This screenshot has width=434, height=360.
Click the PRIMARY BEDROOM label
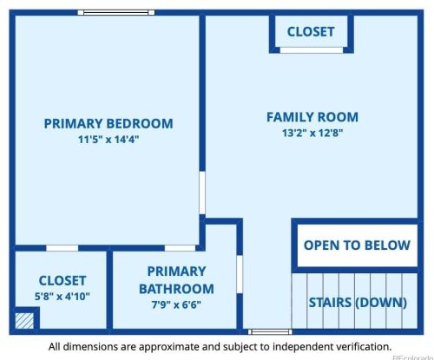coord(108,123)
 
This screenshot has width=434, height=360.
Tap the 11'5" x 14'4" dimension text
coord(108,139)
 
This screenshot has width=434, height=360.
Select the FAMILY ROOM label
coord(312,117)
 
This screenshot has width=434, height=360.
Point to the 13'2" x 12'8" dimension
coord(312,133)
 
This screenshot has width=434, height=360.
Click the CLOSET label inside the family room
coord(310,31)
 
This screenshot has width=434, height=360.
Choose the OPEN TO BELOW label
coord(357,245)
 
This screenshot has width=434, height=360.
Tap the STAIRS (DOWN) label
coord(358,302)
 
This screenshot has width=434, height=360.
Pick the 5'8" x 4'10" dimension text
coord(62,297)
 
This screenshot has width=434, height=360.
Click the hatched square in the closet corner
coord(25,320)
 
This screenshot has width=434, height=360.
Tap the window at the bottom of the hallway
coord(259,331)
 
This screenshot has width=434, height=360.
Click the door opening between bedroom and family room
coord(202,192)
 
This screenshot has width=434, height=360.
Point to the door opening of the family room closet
coord(311,50)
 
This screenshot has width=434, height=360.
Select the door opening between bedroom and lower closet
coord(62,248)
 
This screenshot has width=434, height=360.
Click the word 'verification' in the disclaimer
coord(354,347)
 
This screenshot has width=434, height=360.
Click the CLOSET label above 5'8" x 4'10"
coord(62,280)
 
